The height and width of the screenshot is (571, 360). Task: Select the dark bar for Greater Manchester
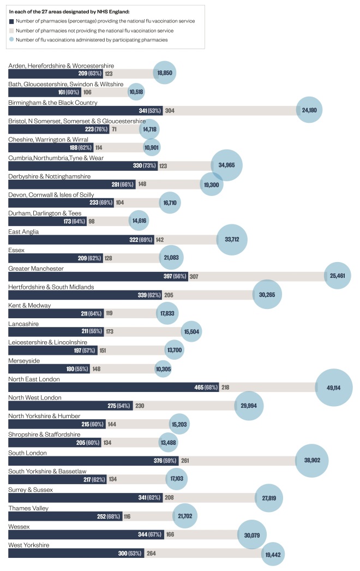click(98, 277)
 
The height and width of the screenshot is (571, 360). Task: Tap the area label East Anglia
click(23, 231)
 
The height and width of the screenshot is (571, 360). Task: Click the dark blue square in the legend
click(12, 21)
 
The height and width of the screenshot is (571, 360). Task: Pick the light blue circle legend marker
click(12, 39)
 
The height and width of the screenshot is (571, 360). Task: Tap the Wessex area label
click(19, 527)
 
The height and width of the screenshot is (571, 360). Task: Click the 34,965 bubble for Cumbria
click(226, 165)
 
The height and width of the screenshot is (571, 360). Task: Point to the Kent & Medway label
click(29, 306)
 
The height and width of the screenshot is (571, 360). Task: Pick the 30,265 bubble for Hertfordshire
click(267, 295)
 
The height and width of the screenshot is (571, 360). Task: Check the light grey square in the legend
click(12, 30)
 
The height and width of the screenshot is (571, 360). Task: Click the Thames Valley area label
click(27, 508)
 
